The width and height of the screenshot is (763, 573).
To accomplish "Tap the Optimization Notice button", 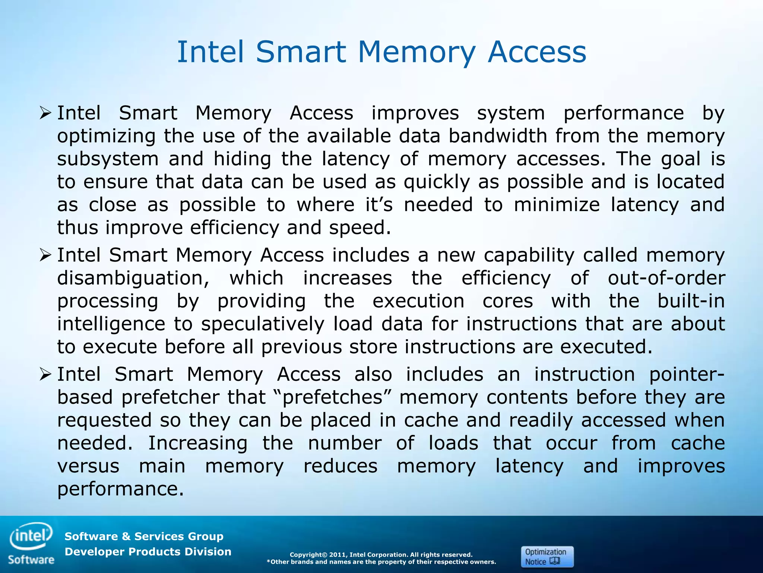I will click(x=547, y=557).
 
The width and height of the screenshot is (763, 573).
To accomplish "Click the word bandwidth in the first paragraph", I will click(x=497, y=136).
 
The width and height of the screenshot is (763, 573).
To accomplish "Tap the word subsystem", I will click(x=108, y=159).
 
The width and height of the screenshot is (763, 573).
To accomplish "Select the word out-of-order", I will click(x=666, y=278).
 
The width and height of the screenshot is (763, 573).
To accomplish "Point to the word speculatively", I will click(x=263, y=324).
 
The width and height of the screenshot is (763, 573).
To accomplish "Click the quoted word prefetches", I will click(x=332, y=397).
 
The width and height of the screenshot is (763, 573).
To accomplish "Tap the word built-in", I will click(x=691, y=301).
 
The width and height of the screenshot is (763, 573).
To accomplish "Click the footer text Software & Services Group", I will click(x=144, y=536).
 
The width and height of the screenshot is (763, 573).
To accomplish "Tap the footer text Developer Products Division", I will click(x=148, y=552).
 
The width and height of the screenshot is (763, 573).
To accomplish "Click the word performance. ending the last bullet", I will click(x=120, y=489).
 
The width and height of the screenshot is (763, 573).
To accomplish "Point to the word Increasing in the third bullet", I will click(x=197, y=443).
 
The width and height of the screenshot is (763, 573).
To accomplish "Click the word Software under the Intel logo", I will click(x=31, y=560).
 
